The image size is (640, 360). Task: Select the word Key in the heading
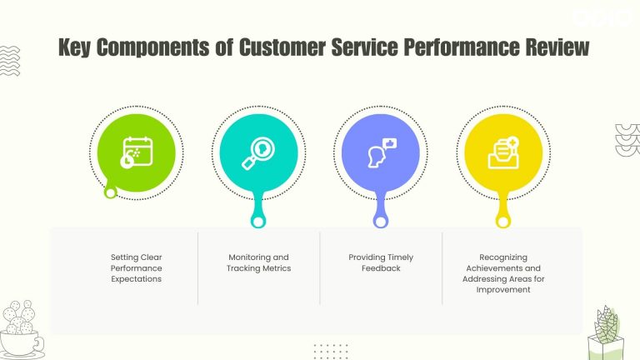[x=76, y=48]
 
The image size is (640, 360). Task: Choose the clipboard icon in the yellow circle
[x=503, y=153]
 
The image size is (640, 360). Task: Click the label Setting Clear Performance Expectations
[x=136, y=268]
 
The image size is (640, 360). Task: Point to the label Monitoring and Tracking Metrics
[x=258, y=262]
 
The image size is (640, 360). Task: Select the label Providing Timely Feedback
[x=381, y=262]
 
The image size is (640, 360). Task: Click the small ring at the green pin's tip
[x=110, y=193]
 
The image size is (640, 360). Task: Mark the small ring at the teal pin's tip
[x=258, y=222]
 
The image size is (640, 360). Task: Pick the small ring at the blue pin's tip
[x=381, y=222]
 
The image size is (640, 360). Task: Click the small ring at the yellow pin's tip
[x=502, y=222]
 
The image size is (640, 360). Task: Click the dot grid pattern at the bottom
[x=331, y=350]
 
